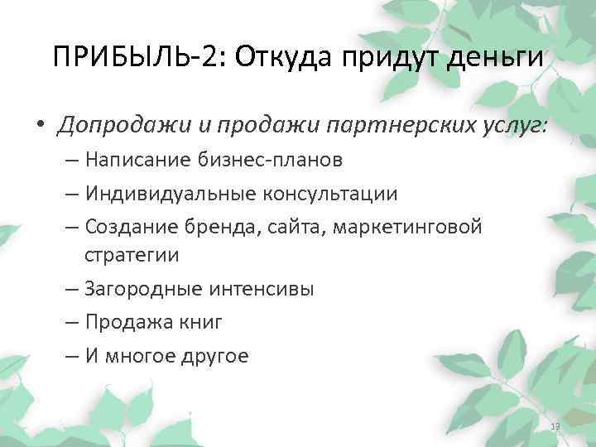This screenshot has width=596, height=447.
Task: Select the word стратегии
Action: (131, 254)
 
